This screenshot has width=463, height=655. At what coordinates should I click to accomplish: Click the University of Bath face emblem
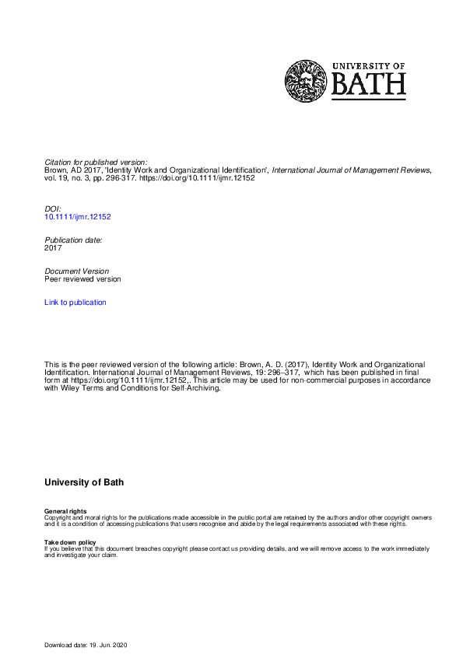(x=306, y=81)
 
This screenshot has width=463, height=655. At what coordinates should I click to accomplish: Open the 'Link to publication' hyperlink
(x=75, y=302)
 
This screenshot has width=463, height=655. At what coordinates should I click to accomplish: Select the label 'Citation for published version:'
(x=96, y=162)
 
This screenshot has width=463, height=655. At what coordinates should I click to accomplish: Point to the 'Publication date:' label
(x=73, y=240)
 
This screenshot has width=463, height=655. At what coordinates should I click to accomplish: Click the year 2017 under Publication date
(x=53, y=248)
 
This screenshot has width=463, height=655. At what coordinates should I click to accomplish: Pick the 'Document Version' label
(x=76, y=271)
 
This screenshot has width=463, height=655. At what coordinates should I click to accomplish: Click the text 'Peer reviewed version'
(x=82, y=278)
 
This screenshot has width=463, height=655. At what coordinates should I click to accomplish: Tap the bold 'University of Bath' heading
(x=84, y=482)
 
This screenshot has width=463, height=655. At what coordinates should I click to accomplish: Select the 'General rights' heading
(x=65, y=511)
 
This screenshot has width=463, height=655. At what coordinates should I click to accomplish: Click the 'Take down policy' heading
(x=70, y=542)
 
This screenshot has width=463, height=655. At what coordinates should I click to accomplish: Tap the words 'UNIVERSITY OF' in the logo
(x=369, y=65)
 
